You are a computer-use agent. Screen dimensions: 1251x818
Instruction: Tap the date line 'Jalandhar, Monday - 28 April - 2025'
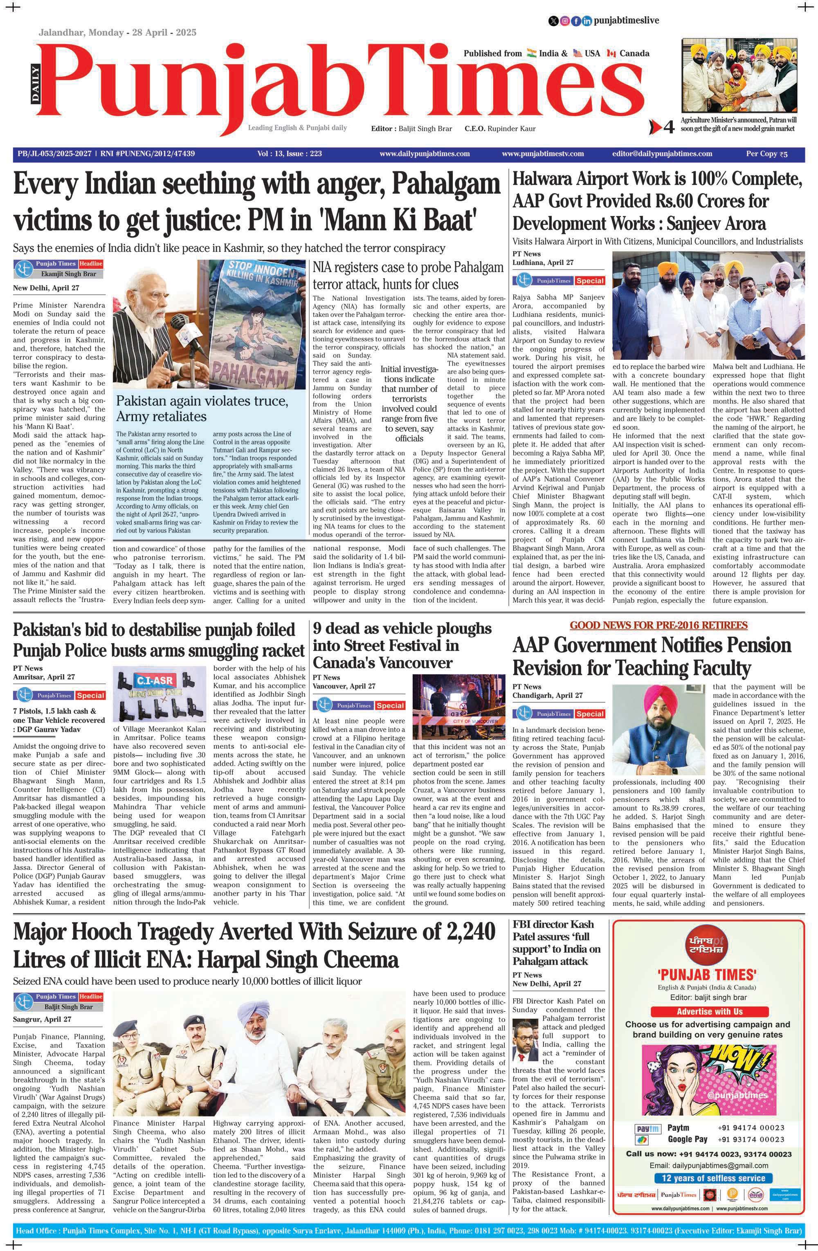(x=117, y=33)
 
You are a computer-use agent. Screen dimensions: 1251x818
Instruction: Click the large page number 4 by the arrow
(x=668, y=127)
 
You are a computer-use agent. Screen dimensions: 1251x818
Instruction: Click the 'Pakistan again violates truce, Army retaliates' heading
(x=202, y=409)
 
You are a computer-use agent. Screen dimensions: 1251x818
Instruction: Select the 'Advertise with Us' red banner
(x=709, y=1011)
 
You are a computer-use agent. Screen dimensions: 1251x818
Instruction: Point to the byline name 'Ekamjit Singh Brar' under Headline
(x=68, y=274)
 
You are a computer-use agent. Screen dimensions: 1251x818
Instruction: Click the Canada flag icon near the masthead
(x=611, y=54)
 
